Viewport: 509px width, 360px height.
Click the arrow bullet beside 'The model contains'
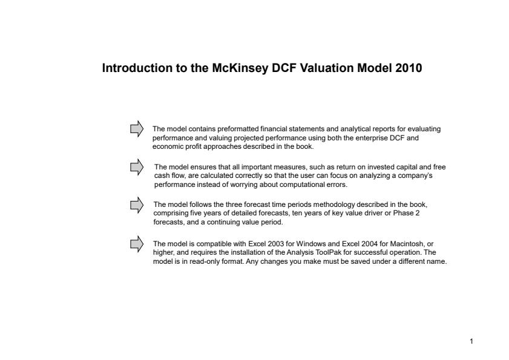[137, 128]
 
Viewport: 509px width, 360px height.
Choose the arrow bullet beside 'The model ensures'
[137, 166]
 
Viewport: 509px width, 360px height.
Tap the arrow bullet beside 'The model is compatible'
[137, 243]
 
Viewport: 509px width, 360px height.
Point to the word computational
[296, 185]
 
